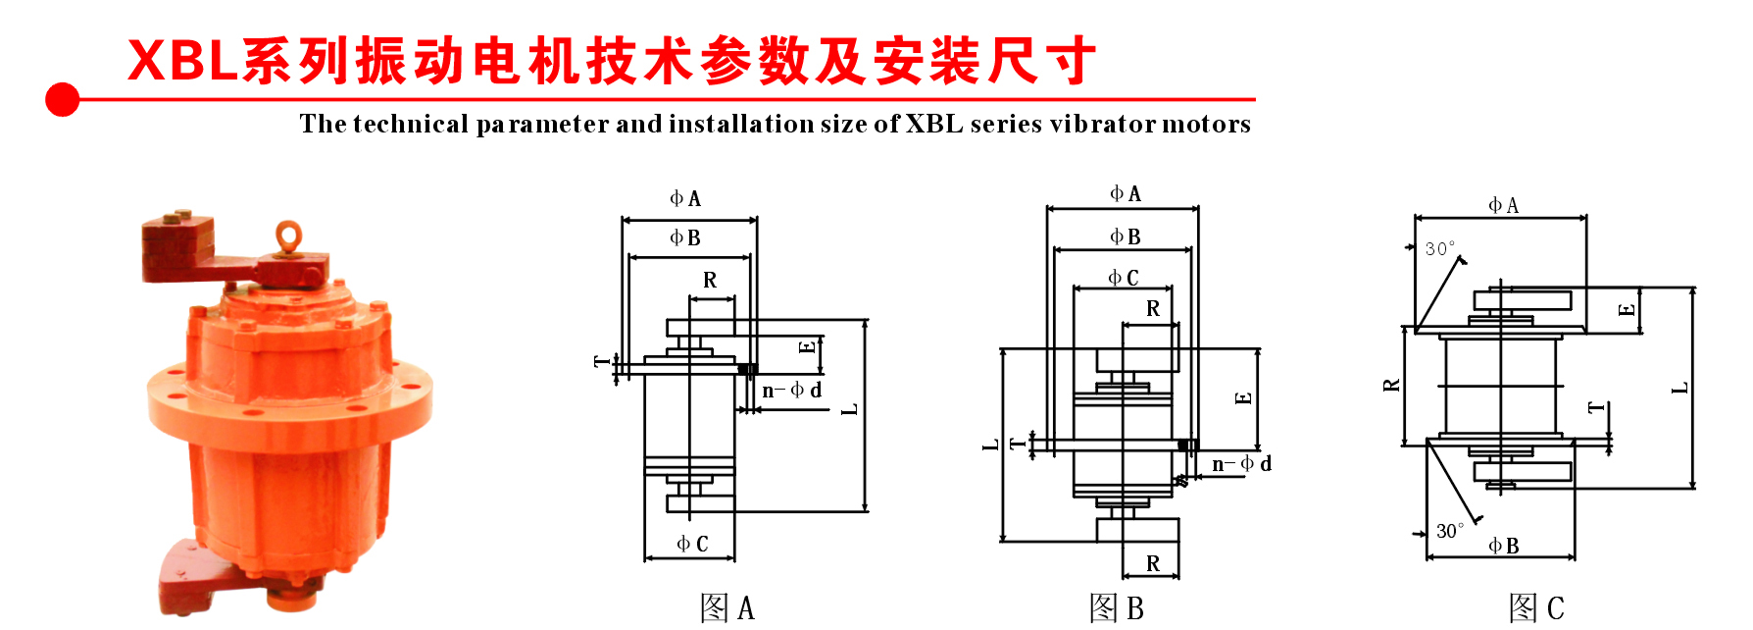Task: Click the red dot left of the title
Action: point(63,99)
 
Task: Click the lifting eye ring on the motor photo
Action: point(288,236)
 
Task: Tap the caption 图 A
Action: point(727,608)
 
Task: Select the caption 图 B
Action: point(1117,608)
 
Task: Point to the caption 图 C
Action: point(1536,608)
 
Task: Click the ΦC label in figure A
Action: point(692,544)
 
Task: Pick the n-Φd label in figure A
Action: point(792,391)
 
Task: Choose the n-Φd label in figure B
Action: point(1241,464)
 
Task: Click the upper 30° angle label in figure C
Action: point(1440,249)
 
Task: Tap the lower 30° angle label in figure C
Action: point(1450,531)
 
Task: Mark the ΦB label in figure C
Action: point(1504,546)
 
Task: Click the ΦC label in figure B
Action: point(1124,279)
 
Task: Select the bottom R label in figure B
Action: point(1153,564)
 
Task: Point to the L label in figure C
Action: point(1680,389)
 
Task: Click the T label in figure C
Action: point(1597,407)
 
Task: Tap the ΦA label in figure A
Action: point(685,199)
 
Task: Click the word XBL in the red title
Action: point(183,61)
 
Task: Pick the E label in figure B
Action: point(1244,397)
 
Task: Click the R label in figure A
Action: point(710,281)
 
